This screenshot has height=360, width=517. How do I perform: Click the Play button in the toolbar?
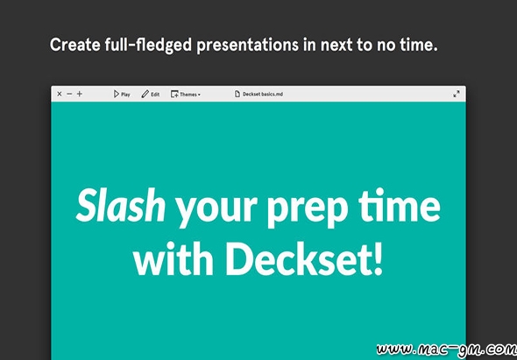[x=122, y=95]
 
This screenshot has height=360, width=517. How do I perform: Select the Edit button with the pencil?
[x=151, y=95]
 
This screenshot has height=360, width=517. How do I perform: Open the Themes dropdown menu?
[x=186, y=95]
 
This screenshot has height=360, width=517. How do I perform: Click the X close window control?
[x=60, y=94]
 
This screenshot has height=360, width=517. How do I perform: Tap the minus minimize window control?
[x=69, y=94]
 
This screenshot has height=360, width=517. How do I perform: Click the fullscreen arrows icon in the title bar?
[x=457, y=95]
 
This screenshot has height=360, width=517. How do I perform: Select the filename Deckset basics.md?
[x=263, y=95]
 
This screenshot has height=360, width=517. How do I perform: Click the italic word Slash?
[x=121, y=207]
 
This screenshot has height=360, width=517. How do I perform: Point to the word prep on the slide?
[x=303, y=210]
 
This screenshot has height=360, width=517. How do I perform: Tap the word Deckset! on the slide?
[x=305, y=258]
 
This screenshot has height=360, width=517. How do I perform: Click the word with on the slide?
[x=174, y=258]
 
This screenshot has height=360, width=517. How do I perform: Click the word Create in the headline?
[x=74, y=45]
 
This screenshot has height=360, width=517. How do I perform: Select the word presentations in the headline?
[x=248, y=46]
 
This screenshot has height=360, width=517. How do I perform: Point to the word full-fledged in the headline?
[x=148, y=46]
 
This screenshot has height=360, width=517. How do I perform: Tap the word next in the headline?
[x=336, y=46]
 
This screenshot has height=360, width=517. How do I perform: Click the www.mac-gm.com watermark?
[x=447, y=349]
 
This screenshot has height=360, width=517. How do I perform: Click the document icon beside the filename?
[x=237, y=95]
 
